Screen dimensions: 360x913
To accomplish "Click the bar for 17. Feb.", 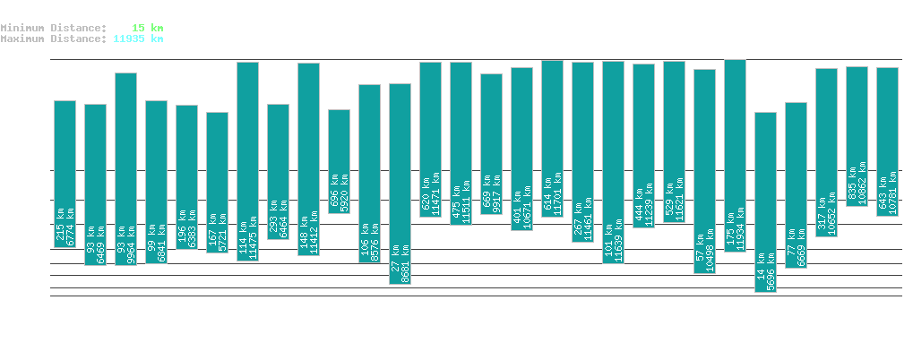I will pos(400,184).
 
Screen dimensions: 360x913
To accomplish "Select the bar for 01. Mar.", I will pos(765,202).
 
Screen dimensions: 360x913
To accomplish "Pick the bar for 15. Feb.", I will pos(339,161).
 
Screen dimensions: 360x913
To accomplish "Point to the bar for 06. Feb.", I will pos(65,174).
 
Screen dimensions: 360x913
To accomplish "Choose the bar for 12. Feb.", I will pos(247,161).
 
